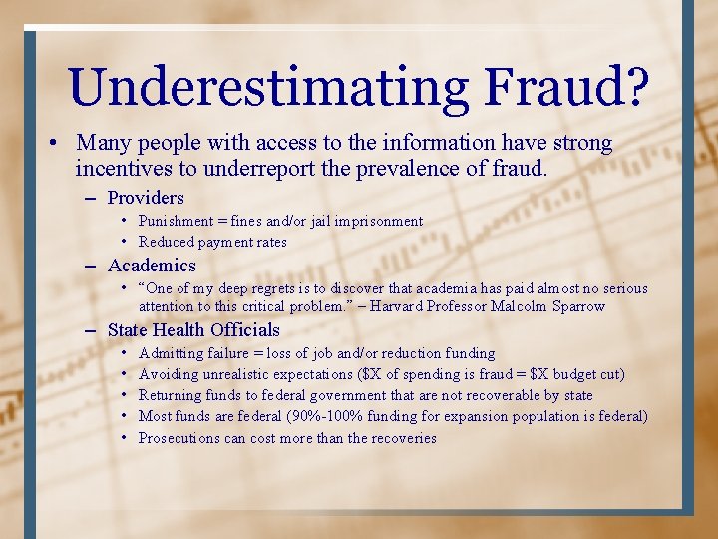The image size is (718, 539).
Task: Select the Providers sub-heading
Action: (x=146, y=198)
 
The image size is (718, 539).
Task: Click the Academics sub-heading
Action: (x=152, y=265)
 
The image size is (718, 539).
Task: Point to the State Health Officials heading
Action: (x=193, y=330)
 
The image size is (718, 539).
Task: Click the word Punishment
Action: (x=176, y=221)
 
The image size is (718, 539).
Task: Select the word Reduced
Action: (x=167, y=242)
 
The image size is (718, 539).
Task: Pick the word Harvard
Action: (x=398, y=306)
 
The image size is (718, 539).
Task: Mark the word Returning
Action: (x=172, y=395)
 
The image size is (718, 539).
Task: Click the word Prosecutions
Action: (x=179, y=438)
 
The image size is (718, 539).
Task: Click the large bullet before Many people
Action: (x=52, y=144)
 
